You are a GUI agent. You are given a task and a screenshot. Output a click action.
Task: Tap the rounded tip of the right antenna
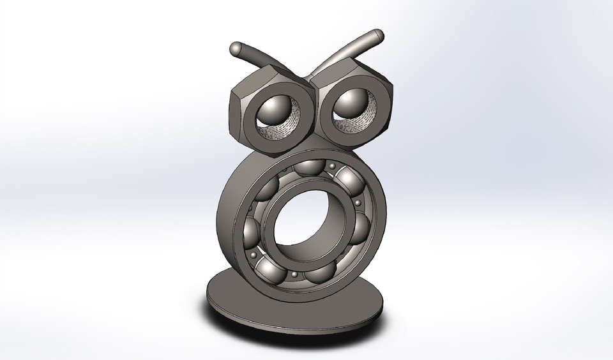click(377, 36)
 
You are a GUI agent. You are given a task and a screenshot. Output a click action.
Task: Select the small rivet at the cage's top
click(333, 167)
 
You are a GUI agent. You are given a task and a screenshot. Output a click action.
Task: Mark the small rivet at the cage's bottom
click(294, 275)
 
